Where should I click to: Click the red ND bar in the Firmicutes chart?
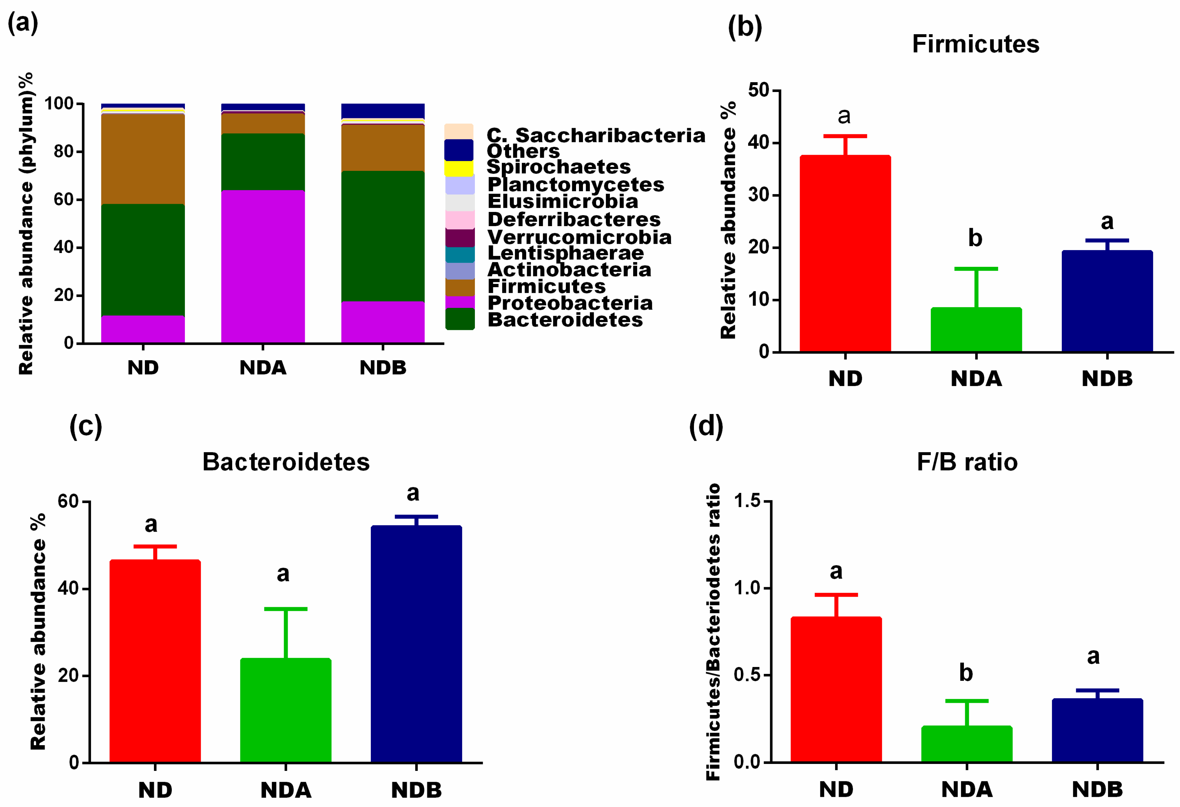point(845,254)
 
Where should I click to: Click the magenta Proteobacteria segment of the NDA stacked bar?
point(263,266)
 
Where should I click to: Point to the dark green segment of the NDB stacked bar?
point(382,236)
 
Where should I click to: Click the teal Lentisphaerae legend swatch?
point(459,254)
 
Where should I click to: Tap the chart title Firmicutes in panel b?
point(975,44)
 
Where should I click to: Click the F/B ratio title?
point(967,462)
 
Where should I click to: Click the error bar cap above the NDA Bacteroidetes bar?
point(285,609)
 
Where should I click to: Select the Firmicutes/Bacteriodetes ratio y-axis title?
point(713,632)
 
